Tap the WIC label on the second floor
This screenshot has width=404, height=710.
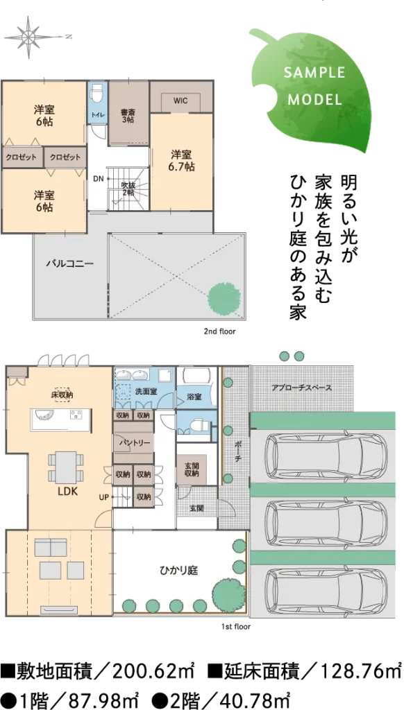coord(180,100)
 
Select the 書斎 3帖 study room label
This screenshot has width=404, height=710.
coord(128,116)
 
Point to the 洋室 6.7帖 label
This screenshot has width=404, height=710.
coord(181,160)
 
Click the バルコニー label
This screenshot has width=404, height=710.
coord(70,263)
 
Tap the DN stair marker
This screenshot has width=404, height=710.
coord(98,178)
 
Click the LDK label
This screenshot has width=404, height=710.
coord(68,492)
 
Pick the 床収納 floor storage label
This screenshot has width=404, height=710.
coord(62,395)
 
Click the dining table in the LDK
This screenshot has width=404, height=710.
coord(66,467)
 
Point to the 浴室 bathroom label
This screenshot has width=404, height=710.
coord(194,397)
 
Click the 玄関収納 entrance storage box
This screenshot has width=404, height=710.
coord(191,469)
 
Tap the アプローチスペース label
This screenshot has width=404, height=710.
coord(301,388)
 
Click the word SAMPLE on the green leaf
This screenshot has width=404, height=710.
coord(314,72)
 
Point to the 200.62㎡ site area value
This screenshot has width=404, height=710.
coord(153,671)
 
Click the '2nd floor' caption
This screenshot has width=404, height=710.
coord(220,331)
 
